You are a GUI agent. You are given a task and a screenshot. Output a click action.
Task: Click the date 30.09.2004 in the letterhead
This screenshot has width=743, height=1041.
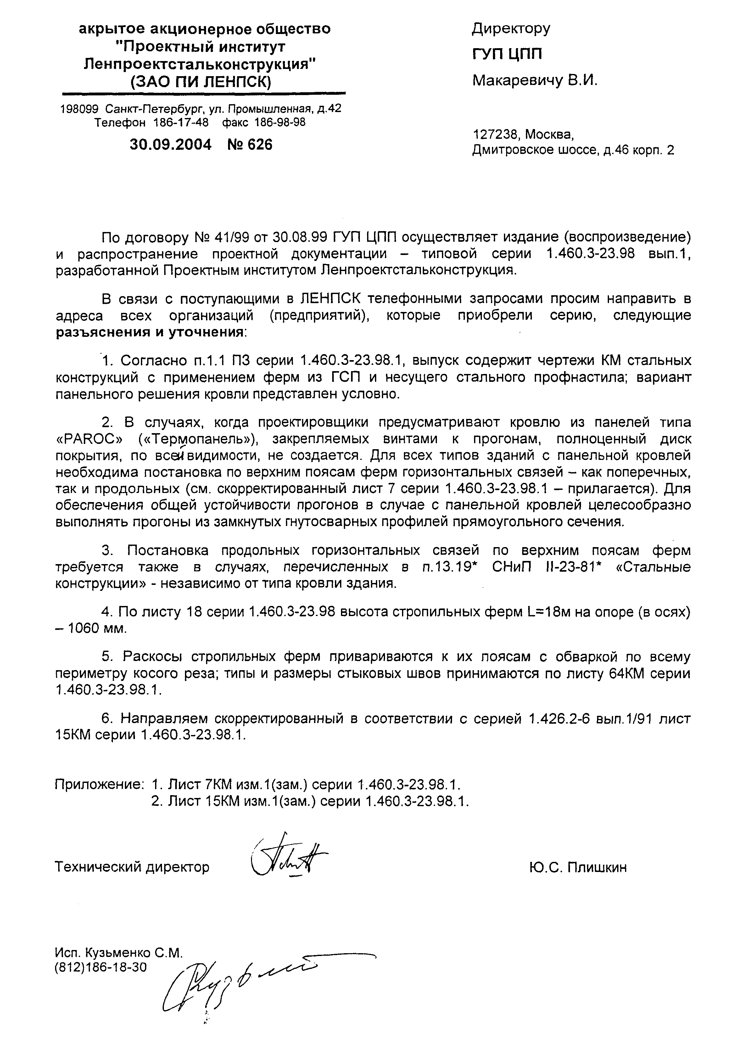(171, 145)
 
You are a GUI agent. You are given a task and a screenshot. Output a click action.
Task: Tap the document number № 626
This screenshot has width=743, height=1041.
(249, 145)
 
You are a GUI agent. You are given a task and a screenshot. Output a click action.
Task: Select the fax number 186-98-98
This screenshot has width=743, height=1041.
(280, 122)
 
